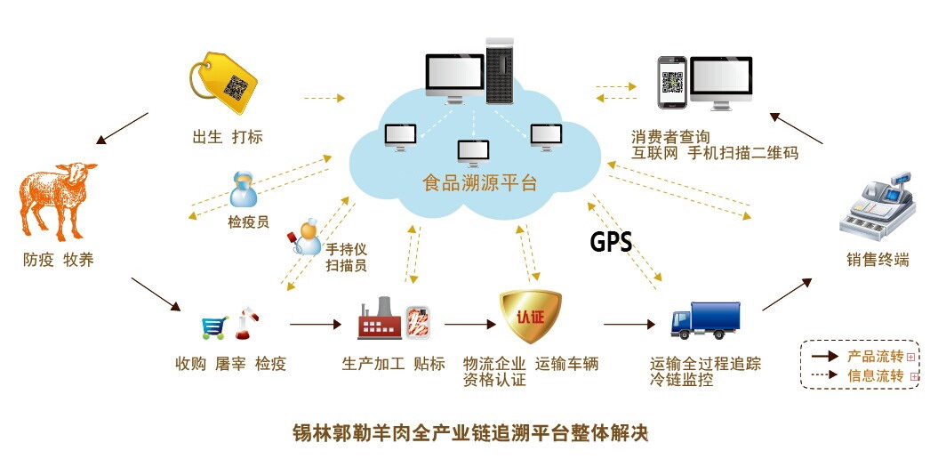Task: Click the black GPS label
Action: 611,242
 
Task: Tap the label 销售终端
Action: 877,261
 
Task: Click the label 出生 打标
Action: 228,137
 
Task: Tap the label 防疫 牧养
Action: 59,261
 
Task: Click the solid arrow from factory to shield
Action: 468,326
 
